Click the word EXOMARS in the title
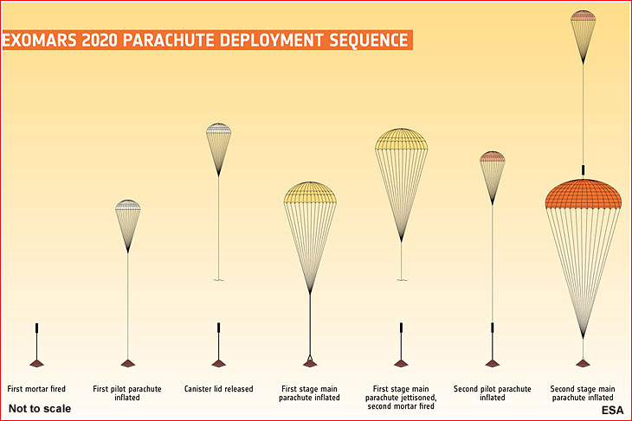point(40,41)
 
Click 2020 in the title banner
point(100,41)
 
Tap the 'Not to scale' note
point(40,409)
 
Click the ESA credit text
point(612,410)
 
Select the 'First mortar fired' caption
point(36,389)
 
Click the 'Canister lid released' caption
point(218,389)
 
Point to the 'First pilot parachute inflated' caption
point(127,393)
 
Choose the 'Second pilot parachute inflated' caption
point(492,393)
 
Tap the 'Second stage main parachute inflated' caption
point(583,393)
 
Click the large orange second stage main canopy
point(583,195)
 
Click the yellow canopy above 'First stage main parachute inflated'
point(310,193)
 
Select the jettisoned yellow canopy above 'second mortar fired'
point(401,139)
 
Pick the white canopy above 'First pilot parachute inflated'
point(128,205)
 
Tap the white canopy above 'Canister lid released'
point(218,129)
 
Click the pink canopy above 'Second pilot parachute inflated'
point(492,156)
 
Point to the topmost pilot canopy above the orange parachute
point(583,16)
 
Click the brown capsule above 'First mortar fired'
point(36,363)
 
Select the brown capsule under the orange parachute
point(583,363)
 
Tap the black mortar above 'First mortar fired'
point(36,328)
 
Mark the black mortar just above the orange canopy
point(583,170)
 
